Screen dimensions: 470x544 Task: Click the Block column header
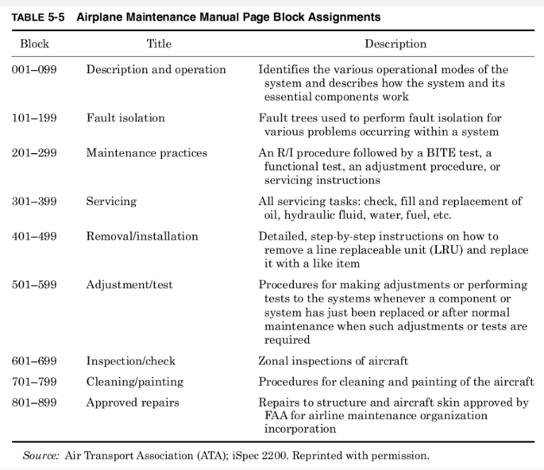33,44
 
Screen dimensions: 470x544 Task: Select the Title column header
159,44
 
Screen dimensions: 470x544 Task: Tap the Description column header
395,44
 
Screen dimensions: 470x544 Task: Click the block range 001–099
34,70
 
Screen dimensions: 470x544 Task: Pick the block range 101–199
34,118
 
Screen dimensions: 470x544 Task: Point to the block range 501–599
34,283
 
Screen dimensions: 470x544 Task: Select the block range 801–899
34,403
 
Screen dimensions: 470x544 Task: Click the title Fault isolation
125,118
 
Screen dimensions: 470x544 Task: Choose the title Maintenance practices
147,152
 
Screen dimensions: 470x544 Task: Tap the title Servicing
111,200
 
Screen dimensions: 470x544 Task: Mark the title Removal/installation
142,236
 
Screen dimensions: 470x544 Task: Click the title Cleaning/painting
134,382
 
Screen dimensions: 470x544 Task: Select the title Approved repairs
133,403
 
